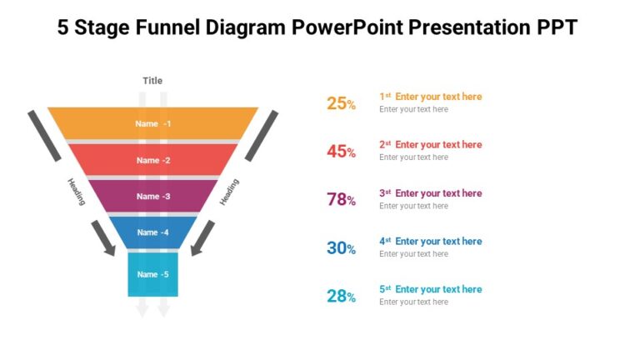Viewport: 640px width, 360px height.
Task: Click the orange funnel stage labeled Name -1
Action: pos(152,123)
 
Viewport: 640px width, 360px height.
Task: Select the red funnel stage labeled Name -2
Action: pos(152,160)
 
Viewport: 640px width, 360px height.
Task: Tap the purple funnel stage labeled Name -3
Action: pos(152,196)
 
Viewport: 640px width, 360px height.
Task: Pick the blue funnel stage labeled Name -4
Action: pos(152,232)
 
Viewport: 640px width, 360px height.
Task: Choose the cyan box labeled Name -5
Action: pos(152,274)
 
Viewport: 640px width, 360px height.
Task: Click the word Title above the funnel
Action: pos(152,81)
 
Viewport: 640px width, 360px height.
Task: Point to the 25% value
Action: pos(341,103)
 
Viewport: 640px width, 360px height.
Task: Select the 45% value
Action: pos(341,152)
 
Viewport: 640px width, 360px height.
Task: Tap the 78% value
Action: pos(341,200)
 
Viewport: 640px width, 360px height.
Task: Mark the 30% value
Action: pos(341,247)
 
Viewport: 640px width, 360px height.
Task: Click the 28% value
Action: pos(341,296)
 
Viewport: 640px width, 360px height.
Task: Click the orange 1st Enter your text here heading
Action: pos(431,97)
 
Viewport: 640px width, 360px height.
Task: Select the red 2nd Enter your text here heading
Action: pos(431,145)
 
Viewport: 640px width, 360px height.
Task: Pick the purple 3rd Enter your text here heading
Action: pos(431,193)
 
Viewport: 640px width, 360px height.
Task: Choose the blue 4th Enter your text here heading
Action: pos(431,242)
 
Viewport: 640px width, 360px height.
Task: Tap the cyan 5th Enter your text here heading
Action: pos(431,289)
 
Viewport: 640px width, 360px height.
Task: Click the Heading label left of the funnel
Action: pos(76,191)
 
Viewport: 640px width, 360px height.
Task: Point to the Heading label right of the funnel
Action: pos(229,192)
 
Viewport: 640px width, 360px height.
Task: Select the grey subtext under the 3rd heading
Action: pos(413,206)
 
